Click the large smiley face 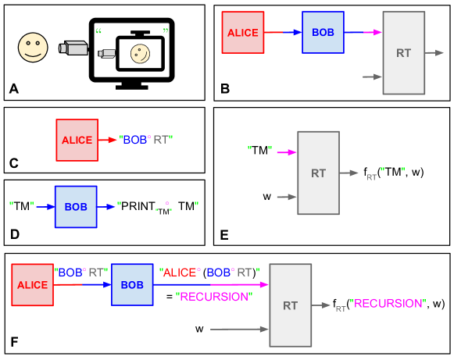click(33, 48)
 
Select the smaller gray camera click(107, 53)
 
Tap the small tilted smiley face click(140, 54)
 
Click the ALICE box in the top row click(242, 33)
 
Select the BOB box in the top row click(323, 33)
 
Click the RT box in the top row click(403, 53)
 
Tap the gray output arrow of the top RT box click(435, 53)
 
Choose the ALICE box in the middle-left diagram click(77, 141)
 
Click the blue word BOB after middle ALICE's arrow click(135, 140)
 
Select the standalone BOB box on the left click(76, 207)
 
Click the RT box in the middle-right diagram click(318, 173)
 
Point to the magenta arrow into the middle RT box click(287, 152)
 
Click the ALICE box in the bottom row click(32, 285)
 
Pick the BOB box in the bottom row click(132, 285)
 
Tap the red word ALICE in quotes click(180, 273)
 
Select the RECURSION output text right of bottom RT click(388, 303)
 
